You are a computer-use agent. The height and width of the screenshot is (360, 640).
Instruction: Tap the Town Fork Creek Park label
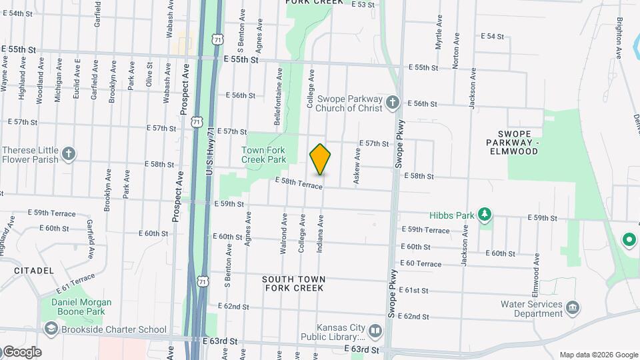pyautogui.click(x=263, y=155)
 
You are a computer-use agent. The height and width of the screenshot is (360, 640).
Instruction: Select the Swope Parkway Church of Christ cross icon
pyautogui.click(x=393, y=103)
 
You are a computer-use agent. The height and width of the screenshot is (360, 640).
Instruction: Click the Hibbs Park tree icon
pyautogui.click(x=487, y=214)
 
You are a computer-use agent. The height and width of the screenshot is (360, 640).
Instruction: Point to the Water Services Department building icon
pyautogui.click(x=573, y=308)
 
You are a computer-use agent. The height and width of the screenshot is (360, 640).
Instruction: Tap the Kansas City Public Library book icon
pyautogui.click(x=375, y=331)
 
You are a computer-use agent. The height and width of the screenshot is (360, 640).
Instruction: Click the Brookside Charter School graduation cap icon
pyautogui.click(x=51, y=329)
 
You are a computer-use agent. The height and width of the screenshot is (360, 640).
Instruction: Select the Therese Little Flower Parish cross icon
pyautogui.click(x=68, y=155)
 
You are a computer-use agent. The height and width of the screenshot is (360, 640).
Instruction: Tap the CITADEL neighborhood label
pyautogui.click(x=33, y=271)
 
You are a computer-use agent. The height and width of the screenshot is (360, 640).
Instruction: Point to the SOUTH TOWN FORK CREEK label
pyautogui.click(x=293, y=283)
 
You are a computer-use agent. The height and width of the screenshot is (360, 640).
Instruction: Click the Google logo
pyautogui.click(x=22, y=352)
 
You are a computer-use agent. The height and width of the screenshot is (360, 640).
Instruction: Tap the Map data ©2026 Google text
pyautogui.click(x=598, y=355)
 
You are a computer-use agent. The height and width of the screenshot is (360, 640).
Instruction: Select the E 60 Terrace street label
pyautogui.click(x=421, y=264)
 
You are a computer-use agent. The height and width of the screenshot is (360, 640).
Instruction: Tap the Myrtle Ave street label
pyautogui.click(x=439, y=31)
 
